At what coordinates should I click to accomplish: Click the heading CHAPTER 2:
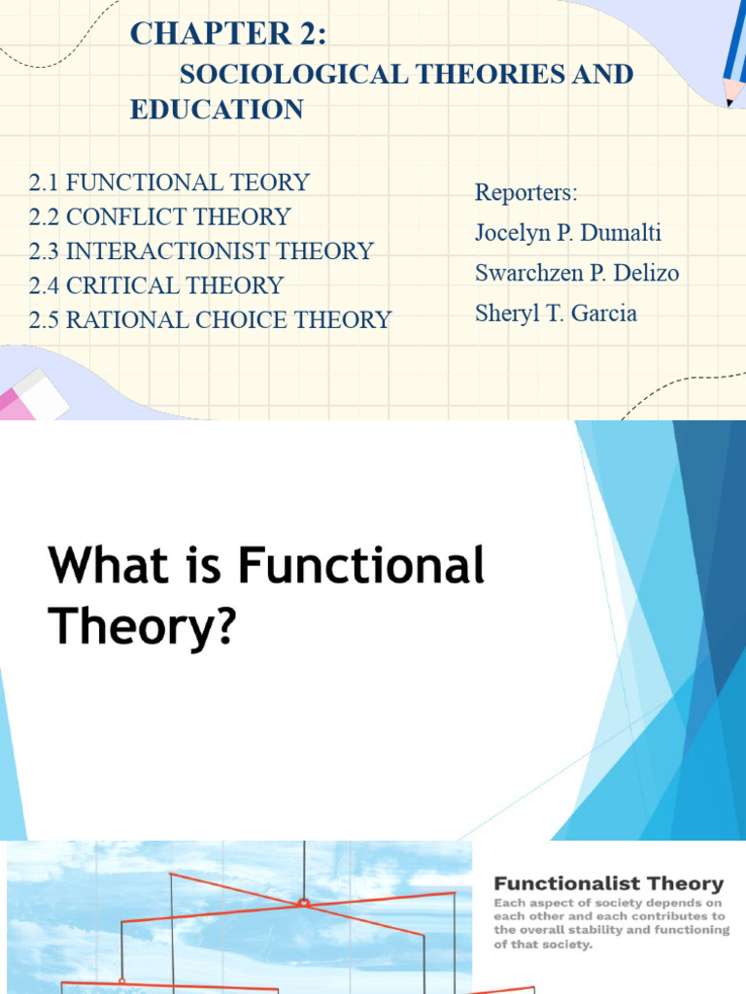coord(228,33)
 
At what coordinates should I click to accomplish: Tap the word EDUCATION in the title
coord(217,110)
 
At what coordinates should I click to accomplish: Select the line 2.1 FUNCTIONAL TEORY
coord(169,182)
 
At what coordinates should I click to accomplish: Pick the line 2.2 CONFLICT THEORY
coord(159,216)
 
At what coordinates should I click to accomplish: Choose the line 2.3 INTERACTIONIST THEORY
coord(201,250)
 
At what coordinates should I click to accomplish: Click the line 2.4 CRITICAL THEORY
coord(155,285)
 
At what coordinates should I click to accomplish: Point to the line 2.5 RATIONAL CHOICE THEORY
coord(210,319)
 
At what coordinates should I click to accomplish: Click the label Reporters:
coord(526,192)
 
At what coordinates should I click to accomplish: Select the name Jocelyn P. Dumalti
coord(567,234)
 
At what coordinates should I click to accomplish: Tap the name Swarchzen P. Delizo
coord(577,274)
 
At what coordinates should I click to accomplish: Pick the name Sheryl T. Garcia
coord(556,314)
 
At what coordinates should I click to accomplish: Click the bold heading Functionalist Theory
coord(608,883)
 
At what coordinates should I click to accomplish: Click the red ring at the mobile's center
coord(303,903)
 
